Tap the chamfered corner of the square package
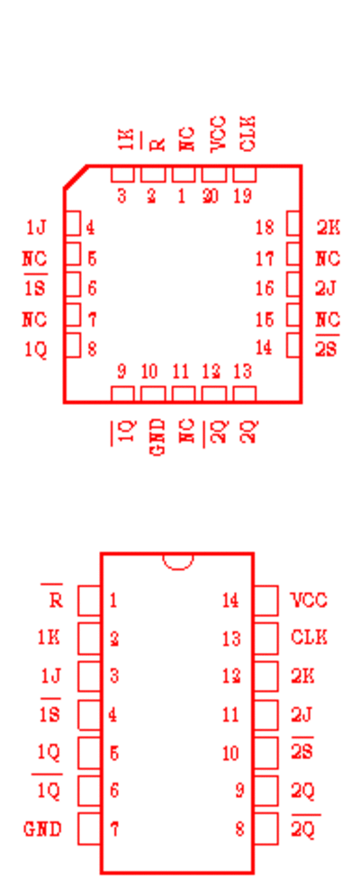pos(76,176)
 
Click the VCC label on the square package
pos(218,134)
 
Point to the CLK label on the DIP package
pos(309,638)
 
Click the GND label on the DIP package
pos(42,829)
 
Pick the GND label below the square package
pos(158,437)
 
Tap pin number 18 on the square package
pos(265,228)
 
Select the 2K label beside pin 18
pos(328,228)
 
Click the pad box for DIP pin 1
pos(89,600)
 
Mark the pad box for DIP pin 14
pos(265,600)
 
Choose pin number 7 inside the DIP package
pos(114,829)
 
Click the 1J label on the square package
pos(36,228)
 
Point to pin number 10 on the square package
pos(149,371)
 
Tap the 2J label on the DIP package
pos(302,715)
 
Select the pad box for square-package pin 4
pos(72,223)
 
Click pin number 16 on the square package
pos(265,289)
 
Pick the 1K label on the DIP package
pos(49,638)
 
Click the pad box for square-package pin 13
pos(244,394)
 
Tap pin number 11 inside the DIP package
pos(230,715)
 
